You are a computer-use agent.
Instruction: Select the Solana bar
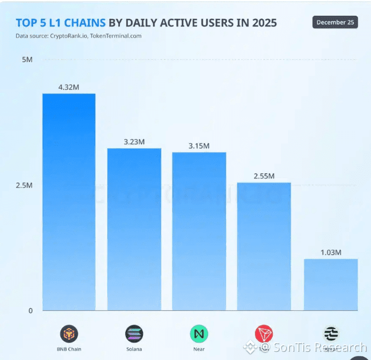point(134,229)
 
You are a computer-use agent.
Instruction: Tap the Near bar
point(199,231)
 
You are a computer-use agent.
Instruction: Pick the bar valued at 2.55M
point(264,247)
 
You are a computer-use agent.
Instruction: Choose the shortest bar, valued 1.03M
point(331,285)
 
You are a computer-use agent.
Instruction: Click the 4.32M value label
point(69,87)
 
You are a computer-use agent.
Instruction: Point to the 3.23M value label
point(134,142)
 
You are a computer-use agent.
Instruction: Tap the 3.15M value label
point(199,146)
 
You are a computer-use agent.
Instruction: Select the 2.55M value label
point(264,176)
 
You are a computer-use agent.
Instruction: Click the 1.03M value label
point(331,253)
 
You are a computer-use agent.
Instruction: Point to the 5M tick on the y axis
point(27,60)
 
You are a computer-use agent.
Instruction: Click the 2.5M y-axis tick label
point(24,185)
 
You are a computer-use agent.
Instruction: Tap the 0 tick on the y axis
point(30,311)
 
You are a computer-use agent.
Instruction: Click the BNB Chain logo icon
point(69,334)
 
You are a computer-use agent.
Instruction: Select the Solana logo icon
point(134,334)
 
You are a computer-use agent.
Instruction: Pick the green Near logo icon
point(199,334)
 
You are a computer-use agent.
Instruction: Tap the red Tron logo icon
point(264,334)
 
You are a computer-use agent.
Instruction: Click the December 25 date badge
point(335,22)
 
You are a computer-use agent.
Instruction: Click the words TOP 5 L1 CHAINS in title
point(61,23)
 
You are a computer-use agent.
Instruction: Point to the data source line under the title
point(78,36)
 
